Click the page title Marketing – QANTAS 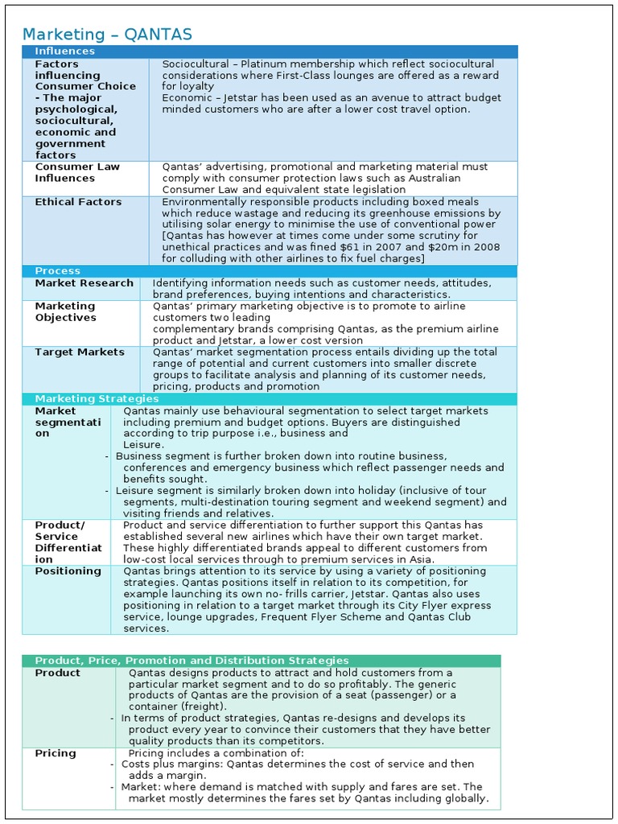coord(107,34)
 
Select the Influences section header coord(64,51)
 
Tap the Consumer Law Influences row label coord(77,172)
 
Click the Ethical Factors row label coord(78,202)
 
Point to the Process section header coord(57,271)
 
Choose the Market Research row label coord(84,283)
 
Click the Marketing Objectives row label coord(65,311)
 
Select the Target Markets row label coord(80,352)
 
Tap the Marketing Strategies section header coord(97,399)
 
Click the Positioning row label coord(68,571)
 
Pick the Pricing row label coord(56,753)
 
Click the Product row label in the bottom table coord(58,673)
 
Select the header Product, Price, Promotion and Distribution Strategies coord(192,661)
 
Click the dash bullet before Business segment coord(107,456)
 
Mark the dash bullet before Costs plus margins coord(111,764)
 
